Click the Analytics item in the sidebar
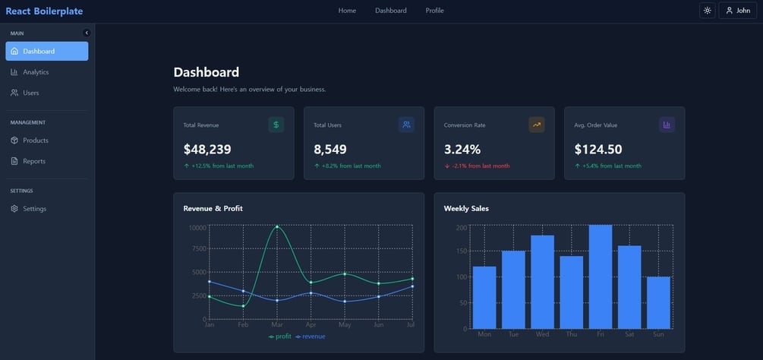(x=35, y=72)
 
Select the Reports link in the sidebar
(x=33, y=161)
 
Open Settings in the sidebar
(x=34, y=209)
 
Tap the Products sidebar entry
(x=35, y=141)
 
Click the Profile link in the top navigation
(x=434, y=11)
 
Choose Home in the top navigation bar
(x=347, y=11)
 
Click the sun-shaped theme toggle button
(x=707, y=11)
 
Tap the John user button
(x=738, y=11)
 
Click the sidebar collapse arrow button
(x=87, y=33)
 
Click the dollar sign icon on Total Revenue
(x=276, y=125)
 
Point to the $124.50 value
(x=598, y=150)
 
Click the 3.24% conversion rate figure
(x=462, y=150)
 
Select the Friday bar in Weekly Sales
(x=600, y=276)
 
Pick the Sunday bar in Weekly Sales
(x=658, y=302)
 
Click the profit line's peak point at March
(x=277, y=226)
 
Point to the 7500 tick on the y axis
(x=198, y=248)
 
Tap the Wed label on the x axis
(x=542, y=334)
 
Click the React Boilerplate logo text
(x=44, y=11)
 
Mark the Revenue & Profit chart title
(x=213, y=208)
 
